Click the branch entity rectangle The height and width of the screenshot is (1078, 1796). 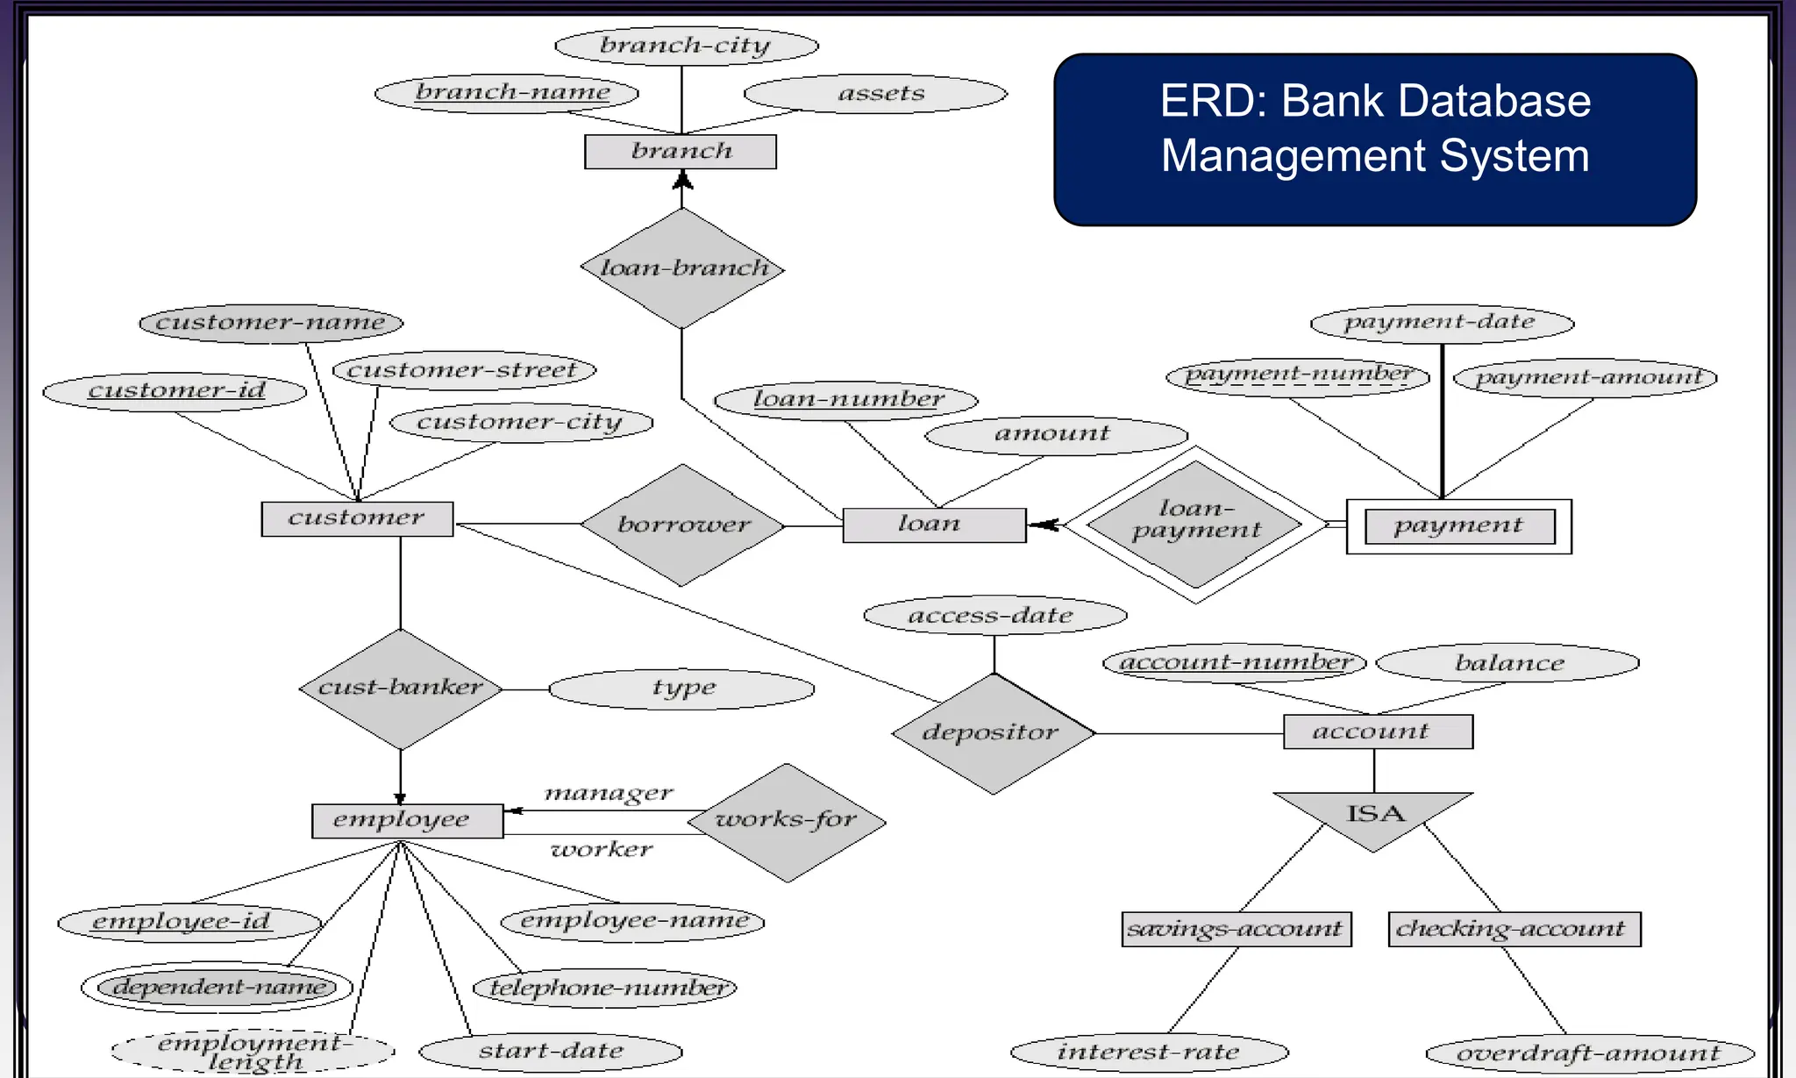[681, 152]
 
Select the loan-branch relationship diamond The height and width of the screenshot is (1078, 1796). [682, 268]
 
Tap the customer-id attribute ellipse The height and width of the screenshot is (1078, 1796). [175, 390]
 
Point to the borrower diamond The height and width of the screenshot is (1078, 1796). [683, 525]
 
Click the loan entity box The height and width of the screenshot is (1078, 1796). [934, 525]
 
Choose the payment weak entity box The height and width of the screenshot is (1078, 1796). [1458, 526]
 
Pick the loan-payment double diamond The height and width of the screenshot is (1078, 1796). [1195, 525]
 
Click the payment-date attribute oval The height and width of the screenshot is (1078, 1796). [1441, 323]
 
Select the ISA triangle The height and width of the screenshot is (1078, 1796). [1373, 816]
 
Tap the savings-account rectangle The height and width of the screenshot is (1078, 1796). [1236, 929]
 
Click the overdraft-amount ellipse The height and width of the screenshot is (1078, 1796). [1589, 1053]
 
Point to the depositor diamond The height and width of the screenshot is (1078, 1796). [993, 733]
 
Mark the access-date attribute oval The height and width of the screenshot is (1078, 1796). [994, 616]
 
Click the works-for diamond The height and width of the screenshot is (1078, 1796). [787, 822]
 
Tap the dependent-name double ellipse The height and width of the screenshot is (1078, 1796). [217, 988]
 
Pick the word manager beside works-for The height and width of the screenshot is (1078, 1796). [609, 794]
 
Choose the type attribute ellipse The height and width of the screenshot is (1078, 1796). [681, 689]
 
